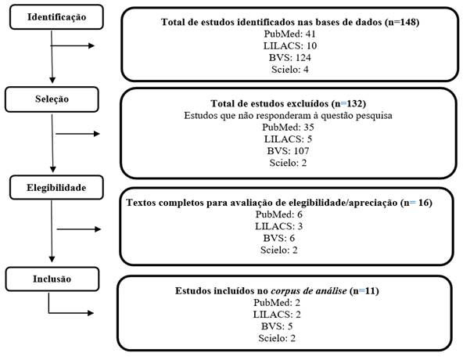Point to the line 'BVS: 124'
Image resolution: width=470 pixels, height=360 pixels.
tap(290, 57)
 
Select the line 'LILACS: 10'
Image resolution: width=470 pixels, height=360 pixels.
tap(290, 46)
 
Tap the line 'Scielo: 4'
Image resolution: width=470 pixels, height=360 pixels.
tap(290, 69)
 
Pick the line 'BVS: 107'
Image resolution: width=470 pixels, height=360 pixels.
tap(290, 149)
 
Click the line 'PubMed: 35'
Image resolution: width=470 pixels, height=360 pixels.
tap(290, 127)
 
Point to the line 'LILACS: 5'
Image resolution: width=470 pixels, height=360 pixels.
tap(290, 138)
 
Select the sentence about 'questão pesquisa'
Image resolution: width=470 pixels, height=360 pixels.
tap(289, 115)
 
